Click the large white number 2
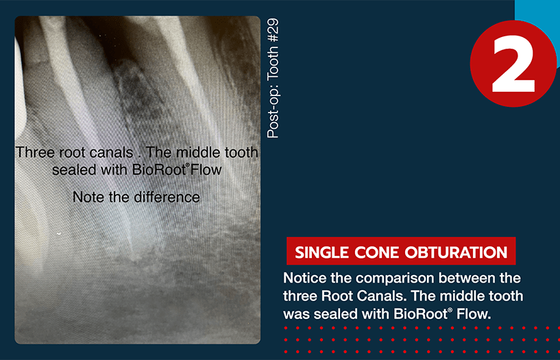(x=513, y=64)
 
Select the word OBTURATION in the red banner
(x=456, y=252)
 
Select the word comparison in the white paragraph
(x=382, y=278)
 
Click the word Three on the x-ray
(x=35, y=153)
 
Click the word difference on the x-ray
(x=167, y=197)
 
